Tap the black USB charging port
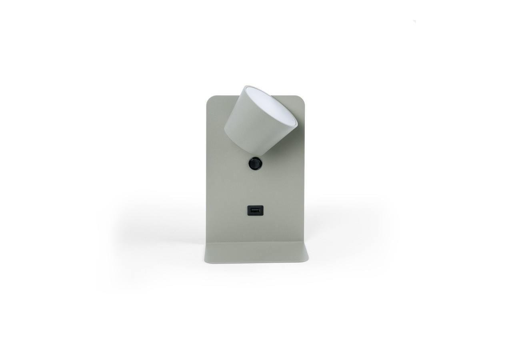click(255, 210)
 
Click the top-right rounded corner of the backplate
click(300, 98)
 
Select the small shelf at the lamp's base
click(256, 252)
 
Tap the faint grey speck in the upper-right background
click(414, 21)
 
